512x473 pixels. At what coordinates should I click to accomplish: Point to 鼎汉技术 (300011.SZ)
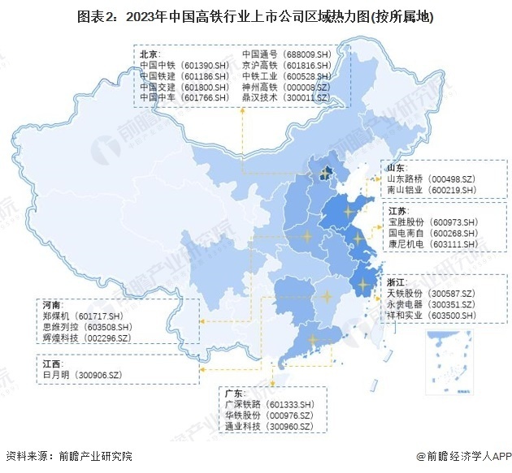(285, 97)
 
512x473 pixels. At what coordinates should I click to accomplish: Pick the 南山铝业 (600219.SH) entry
(436, 190)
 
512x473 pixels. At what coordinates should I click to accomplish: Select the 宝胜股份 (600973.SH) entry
(436, 222)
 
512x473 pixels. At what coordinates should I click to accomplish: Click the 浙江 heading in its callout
(397, 281)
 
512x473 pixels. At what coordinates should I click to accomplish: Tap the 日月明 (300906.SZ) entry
(81, 374)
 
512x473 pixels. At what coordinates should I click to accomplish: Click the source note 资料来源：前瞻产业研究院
(68, 457)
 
